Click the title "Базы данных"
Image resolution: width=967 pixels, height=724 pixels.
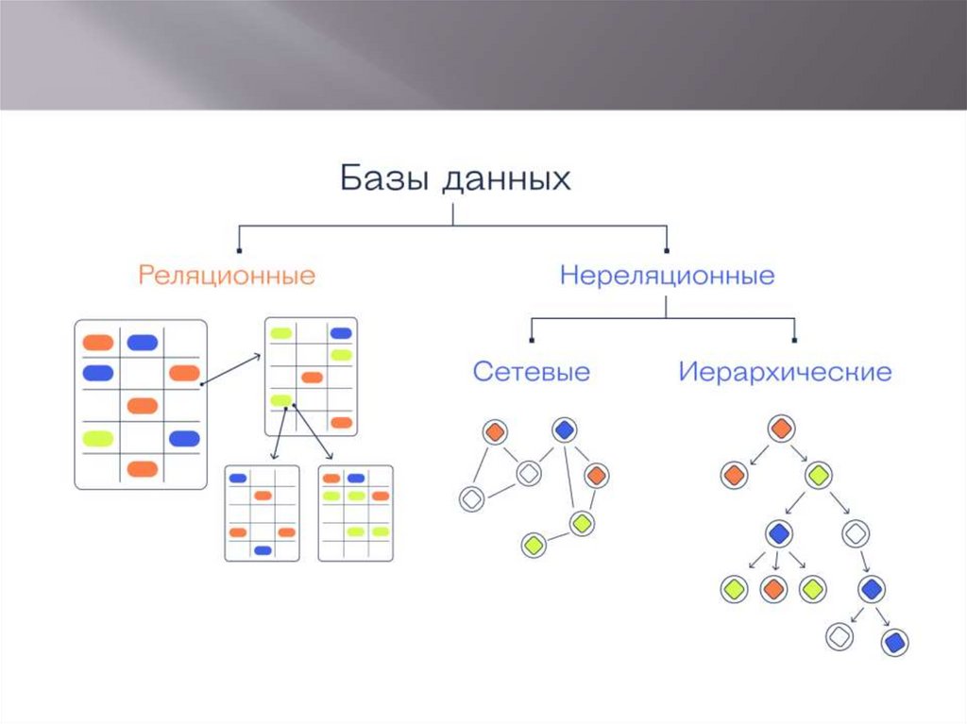click(x=454, y=178)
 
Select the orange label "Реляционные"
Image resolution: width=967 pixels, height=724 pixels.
click(x=227, y=276)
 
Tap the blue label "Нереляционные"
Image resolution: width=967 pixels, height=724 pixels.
click(x=667, y=276)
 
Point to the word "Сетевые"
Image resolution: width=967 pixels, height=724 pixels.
click(x=531, y=371)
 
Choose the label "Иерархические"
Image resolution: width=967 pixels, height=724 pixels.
click(x=784, y=371)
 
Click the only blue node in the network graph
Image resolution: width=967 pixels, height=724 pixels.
click(x=564, y=430)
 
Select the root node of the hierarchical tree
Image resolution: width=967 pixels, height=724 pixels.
click(x=779, y=428)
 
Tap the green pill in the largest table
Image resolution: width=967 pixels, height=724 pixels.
click(x=98, y=438)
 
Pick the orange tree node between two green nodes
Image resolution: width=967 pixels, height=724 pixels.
click(x=772, y=589)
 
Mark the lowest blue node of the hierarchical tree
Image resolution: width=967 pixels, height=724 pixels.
click(x=894, y=643)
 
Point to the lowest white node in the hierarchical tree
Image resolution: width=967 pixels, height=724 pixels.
click(x=838, y=637)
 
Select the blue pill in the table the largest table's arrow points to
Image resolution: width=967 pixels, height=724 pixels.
click(x=340, y=333)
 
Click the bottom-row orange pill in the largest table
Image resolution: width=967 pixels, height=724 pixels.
click(x=142, y=468)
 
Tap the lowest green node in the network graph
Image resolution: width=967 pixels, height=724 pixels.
click(x=534, y=545)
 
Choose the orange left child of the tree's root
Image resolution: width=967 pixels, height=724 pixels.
click(x=733, y=474)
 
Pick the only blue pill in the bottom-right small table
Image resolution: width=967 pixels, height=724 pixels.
click(x=355, y=478)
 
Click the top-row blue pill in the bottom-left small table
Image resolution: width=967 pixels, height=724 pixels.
click(x=238, y=478)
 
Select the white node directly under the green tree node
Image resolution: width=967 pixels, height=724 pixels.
click(x=855, y=533)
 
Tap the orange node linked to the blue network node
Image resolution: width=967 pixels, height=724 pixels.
click(x=595, y=475)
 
